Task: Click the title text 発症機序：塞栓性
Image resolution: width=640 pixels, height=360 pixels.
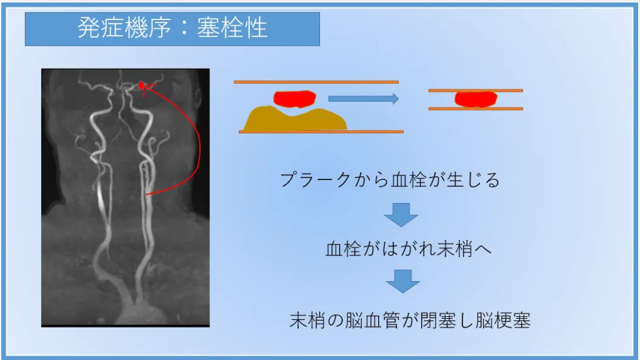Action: [x=172, y=28]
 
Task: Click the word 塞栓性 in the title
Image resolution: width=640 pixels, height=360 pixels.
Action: [x=232, y=28]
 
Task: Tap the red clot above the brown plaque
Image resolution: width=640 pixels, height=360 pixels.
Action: [x=295, y=99]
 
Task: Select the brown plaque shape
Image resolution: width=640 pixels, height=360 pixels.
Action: [x=295, y=119]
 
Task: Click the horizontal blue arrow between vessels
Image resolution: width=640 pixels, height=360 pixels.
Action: [x=363, y=98]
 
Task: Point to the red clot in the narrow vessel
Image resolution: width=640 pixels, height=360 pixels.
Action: [x=476, y=99]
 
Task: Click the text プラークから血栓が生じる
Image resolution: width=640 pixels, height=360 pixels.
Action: [x=390, y=180]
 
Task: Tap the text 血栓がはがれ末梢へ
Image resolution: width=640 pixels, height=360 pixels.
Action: [x=408, y=249]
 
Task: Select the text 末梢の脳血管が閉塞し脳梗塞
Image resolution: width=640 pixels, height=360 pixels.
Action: [x=410, y=321]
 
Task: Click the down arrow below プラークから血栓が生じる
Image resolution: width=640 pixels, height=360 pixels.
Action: [x=401, y=215]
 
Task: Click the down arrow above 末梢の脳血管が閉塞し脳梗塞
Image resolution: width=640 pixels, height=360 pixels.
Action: [x=403, y=281]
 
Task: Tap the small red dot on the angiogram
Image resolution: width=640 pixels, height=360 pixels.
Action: [x=141, y=85]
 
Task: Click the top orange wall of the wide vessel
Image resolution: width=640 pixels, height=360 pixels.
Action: [x=316, y=82]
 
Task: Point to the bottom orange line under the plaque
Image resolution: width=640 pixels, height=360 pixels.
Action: [x=321, y=131]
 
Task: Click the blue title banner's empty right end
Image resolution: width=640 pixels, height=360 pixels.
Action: [x=294, y=29]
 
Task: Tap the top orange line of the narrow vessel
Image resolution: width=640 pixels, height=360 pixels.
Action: [x=476, y=91]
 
